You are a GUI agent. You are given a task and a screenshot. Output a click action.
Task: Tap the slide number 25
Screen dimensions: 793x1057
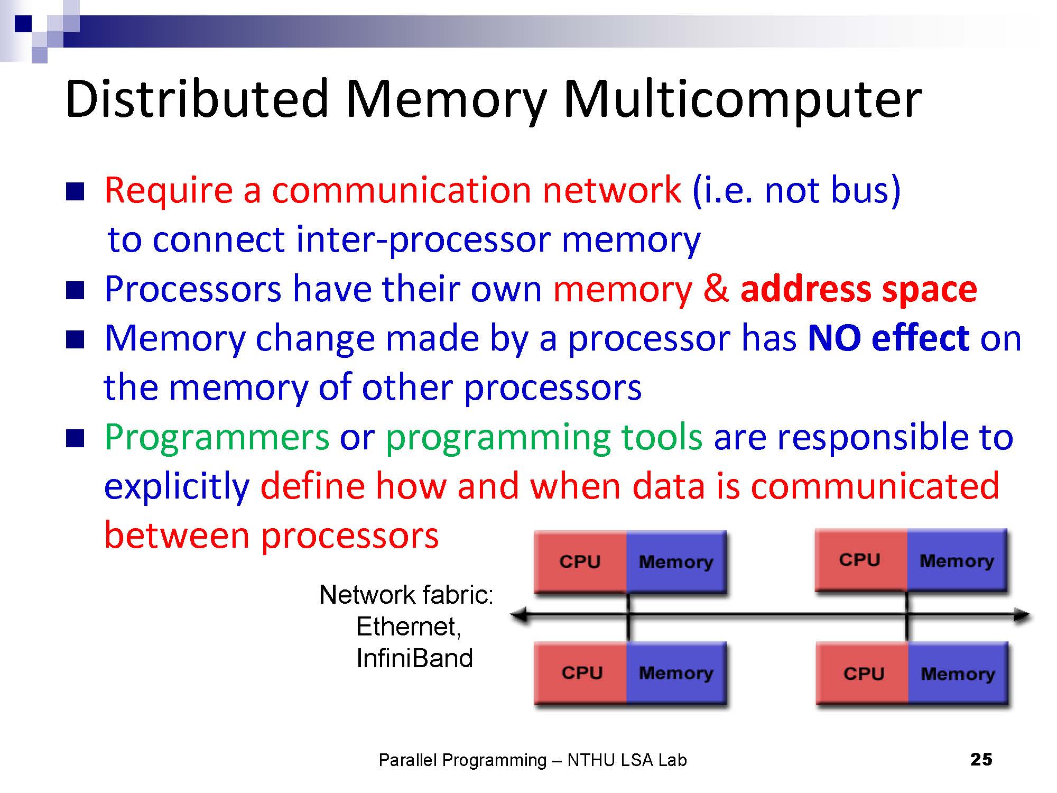pos(981,759)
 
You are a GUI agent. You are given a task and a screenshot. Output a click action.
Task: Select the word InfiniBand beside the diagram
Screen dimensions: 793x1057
pos(414,659)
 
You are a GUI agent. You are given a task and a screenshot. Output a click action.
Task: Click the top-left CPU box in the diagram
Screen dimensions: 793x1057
pos(580,561)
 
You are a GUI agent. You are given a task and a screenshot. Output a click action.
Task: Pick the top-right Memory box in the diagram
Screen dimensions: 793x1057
pos(957,560)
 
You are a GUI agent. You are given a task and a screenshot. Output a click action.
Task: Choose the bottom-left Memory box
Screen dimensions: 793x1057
pos(675,673)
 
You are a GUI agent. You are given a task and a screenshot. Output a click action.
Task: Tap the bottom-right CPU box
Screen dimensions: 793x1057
pos(864,674)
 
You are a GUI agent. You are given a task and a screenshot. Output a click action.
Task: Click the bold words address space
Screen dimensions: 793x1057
pos(858,289)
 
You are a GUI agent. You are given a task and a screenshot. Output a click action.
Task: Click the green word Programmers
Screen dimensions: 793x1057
pos(217,438)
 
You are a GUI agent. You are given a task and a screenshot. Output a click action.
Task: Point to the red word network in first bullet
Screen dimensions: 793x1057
pos(611,190)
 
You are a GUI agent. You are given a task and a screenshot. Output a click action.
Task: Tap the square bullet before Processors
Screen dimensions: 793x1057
pos(75,290)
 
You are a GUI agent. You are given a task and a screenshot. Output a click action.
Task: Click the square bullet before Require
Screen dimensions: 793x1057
pos(75,191)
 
